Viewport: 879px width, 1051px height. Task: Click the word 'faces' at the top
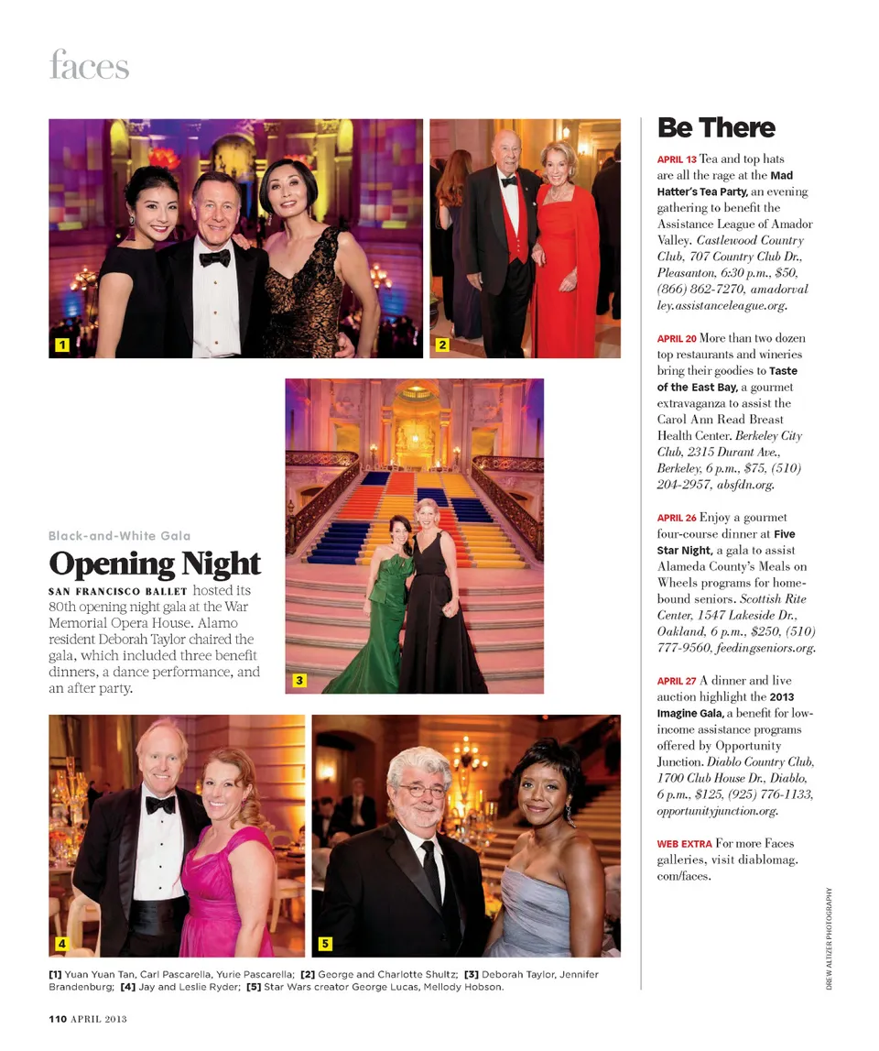(89, 66)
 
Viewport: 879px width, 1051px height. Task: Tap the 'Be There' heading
(716, 127)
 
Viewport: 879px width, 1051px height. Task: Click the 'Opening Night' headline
(155, 564)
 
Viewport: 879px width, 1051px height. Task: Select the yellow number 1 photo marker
(62, 345)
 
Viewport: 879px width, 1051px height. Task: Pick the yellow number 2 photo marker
(441, 345)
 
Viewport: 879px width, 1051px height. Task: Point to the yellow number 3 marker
(298, 680)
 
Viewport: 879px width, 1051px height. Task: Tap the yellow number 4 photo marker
(61, 943)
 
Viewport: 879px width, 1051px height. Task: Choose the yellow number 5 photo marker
(325, 943)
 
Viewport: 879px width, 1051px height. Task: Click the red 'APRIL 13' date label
(677, 159)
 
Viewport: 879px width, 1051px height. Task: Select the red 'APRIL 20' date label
(677, 339)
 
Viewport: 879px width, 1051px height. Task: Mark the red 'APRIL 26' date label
(677, 519)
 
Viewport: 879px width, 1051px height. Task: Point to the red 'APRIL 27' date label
(677, 682)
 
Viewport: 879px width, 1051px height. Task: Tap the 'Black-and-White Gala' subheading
(119, 535)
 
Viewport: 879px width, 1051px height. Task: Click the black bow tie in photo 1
(215, 257)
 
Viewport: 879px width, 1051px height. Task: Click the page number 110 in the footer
(60, 1018)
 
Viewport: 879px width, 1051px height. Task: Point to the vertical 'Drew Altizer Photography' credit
(830, 939)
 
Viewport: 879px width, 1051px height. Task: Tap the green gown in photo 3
(366, 632)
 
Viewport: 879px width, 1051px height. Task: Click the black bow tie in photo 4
(160, 804)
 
